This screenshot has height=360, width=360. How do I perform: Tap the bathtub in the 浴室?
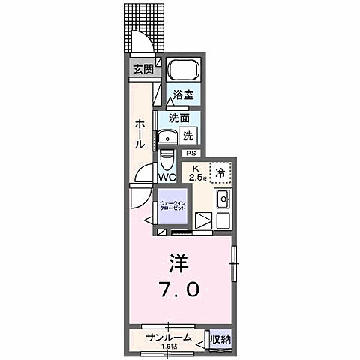pos(180,70)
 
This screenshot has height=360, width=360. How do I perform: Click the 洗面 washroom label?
pos(178,118)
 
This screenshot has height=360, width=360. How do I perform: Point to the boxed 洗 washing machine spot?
pos(189,136)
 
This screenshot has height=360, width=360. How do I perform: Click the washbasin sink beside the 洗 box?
pos(166,137)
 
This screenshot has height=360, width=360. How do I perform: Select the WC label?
pos(166,178)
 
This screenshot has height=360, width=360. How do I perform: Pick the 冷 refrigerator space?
pos(220,172)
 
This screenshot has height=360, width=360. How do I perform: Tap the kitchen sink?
pos(223,200)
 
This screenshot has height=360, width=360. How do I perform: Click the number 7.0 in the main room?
pos(178,289)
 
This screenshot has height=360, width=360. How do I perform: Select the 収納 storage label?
pos(220,340)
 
